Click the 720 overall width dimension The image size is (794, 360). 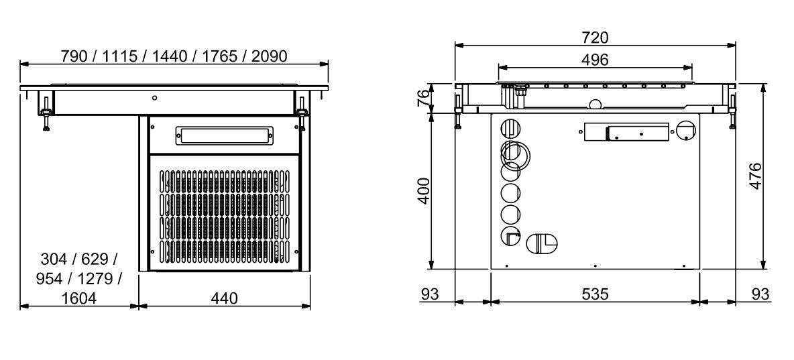[x=595, y=37]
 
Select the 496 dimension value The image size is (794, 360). [x=595, y=60]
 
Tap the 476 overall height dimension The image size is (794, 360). [x=755, y=176]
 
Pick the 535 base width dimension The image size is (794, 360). [x=595, y=294]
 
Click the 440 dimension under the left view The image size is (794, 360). [x=224, y=298]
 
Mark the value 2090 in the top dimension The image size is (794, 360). [x=270, y=56]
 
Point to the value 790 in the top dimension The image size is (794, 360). [x=74, y=56]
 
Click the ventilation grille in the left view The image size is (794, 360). [x=225, y=216]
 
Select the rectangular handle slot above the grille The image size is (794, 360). [x=225, y=135]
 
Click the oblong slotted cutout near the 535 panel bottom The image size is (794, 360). [x=541, y=243]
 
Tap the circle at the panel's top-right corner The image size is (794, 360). [x=686, y=131]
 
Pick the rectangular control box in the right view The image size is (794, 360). [x=626, y=132]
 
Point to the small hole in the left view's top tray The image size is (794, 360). [x=154, y=99]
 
